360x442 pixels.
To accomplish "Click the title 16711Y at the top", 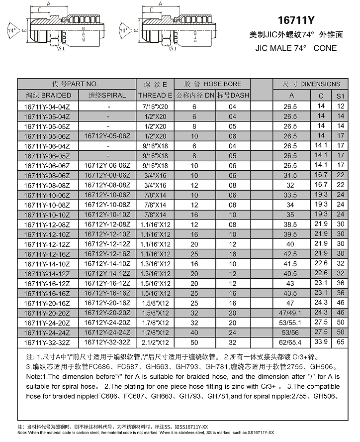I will coord(296,20).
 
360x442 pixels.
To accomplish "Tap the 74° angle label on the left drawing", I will coord(12,31).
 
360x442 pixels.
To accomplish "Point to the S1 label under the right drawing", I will coord(173,50).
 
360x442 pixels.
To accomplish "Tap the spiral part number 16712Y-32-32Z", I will coord(107,342).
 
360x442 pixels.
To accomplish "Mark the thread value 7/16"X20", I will coord(155,107).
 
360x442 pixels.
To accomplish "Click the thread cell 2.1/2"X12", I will coord(155,342).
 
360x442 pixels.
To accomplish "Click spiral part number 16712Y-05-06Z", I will coord(107,136).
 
